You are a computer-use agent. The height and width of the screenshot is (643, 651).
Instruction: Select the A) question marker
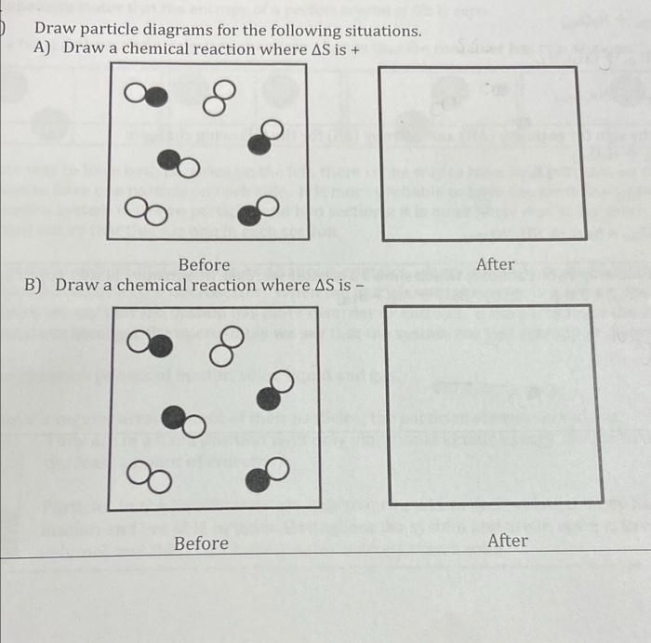click(x=41, y=49)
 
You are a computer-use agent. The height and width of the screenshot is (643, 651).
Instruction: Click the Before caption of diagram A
click(x=204, y=265)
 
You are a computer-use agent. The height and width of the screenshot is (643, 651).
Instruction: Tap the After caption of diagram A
click(x=495, y=264)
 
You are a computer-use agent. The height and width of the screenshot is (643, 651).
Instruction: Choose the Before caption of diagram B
click(x=201, y=543)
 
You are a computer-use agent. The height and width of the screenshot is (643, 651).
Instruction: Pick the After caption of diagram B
click(x=507, y=541)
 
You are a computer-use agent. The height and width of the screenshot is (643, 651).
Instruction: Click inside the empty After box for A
click(x=484, y=154)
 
